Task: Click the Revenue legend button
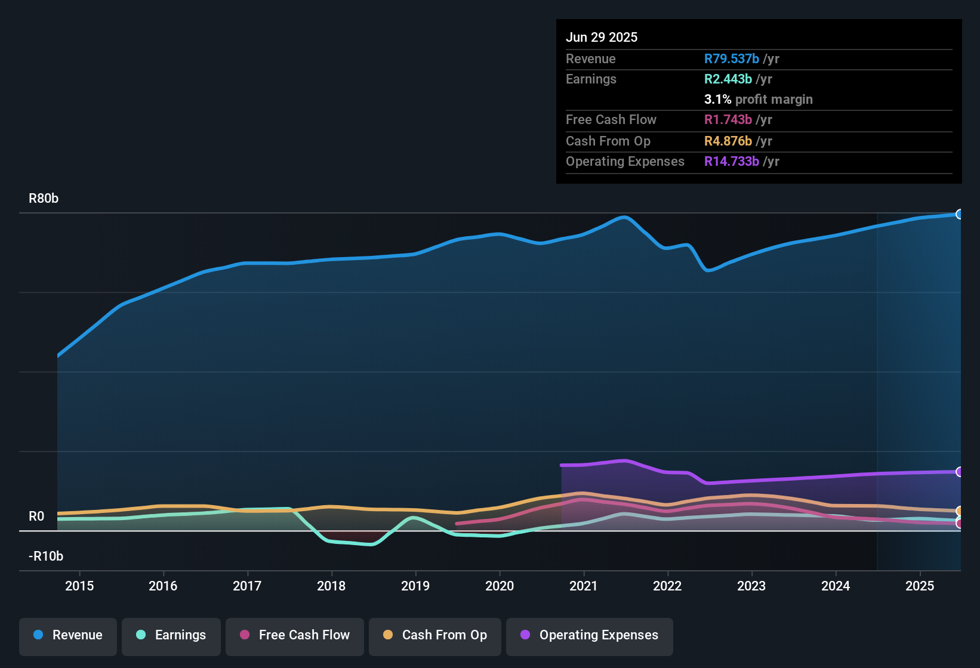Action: [68, 635]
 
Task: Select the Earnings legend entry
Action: [171, 635]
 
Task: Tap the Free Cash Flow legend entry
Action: [295, 635]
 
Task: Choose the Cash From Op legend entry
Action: [435, 635]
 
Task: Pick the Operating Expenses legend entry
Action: [590, 635]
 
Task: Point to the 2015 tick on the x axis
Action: [79, 586]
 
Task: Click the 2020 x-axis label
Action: [500, 586]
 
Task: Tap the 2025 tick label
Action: [920, 586]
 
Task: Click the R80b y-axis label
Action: [44, 199]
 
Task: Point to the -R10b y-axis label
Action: [46, 556]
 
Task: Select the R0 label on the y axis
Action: [36, 517]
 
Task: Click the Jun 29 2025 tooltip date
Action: [602, 37]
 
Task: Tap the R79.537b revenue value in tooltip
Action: [732, 59]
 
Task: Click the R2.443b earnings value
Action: [728, 79]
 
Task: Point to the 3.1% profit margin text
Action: [758, 100]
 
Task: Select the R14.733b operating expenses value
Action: [732, 162]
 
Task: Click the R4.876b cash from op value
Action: [728, 141]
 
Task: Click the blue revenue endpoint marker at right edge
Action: [960, 214]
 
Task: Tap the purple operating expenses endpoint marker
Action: [960, 472]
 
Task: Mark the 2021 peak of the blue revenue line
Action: [624, 217]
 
